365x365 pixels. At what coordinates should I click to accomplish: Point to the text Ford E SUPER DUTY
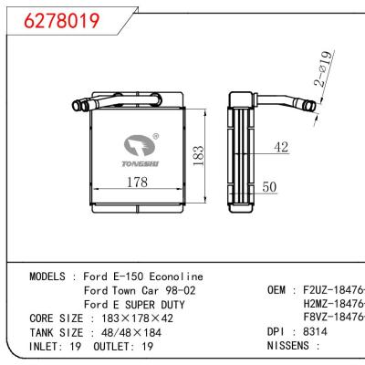coord(134,304)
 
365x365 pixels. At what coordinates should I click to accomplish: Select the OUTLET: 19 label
coord(119,348)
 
